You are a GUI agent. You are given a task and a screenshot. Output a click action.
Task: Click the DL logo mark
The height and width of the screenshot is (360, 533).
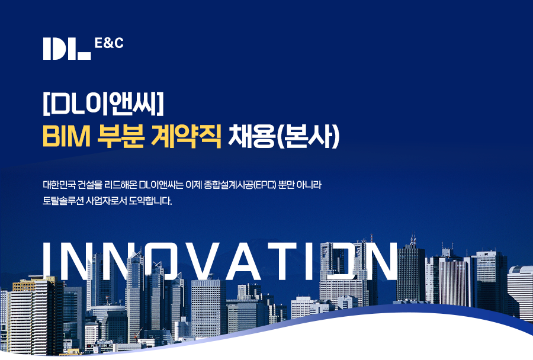click(67, 49)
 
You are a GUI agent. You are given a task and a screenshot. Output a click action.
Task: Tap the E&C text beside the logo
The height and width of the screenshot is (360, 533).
click(109, 43)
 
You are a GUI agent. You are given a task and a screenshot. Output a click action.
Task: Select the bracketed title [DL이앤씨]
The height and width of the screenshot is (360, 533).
click(103, 103)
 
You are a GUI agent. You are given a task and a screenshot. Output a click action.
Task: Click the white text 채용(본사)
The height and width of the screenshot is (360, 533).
click(284, 136)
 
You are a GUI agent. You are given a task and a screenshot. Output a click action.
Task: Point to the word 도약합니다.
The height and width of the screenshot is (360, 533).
click(150, 201)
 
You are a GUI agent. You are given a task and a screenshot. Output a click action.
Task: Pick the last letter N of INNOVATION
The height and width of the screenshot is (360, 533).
click(380, 261)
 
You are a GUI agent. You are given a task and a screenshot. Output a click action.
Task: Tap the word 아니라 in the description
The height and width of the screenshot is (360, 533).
click(309, 185)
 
